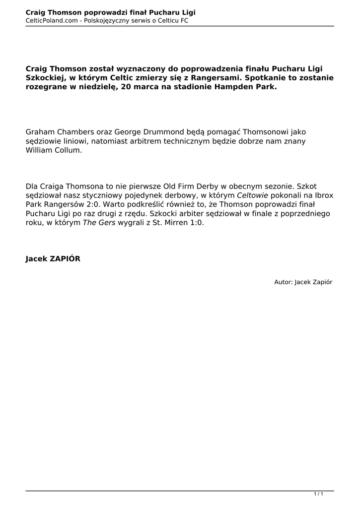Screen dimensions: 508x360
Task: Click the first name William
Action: click(x=41, y=150)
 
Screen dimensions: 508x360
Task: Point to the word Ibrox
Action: click(x=323, y=195)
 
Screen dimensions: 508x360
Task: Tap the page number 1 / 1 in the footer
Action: click(x=319, y=494)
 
